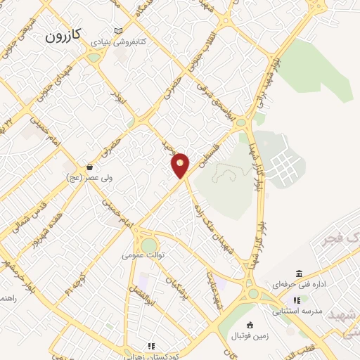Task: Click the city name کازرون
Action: (x=64, y=35)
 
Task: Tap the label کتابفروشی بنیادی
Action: (x=122, y=42)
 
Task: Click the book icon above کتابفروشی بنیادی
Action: (x=118, y=31)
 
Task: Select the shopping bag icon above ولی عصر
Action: (x=90, y=167)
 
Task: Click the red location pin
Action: (x=181, y=165)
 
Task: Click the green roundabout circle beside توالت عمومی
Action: (x=149, y=245)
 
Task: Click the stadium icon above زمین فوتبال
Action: (x=250, y=324)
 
